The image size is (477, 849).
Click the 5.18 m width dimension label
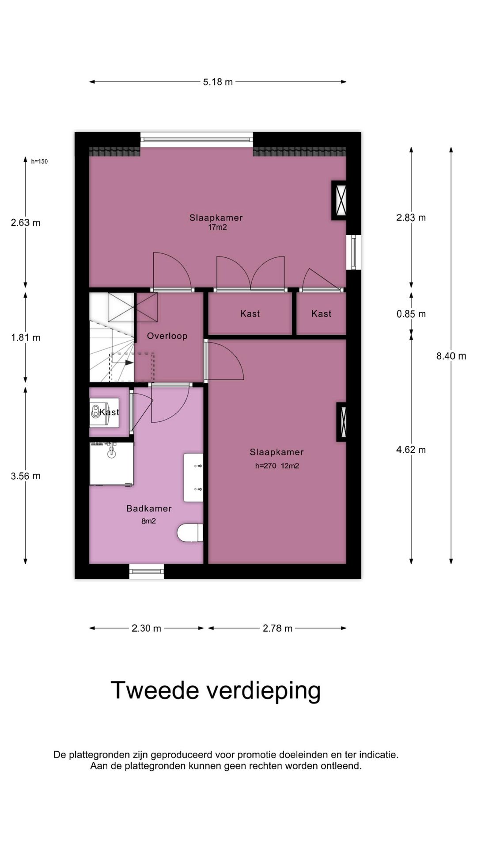(218, 82)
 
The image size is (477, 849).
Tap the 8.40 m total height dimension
(451, 356)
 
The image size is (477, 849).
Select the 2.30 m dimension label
(146, 628)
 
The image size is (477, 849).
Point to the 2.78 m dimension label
(277, 628)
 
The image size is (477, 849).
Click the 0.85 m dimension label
(411, 314)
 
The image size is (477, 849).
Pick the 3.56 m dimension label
(26, 476)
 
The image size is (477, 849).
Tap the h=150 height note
(39, 161)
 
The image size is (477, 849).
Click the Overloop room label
(167, 336)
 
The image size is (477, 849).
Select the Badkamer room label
(149, 509)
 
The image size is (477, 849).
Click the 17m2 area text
(217, 228)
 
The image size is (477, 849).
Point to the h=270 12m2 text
(277, 466)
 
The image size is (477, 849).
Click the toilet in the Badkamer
(190, 533)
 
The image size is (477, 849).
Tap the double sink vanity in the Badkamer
(193, 477)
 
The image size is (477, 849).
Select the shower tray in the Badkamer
(112, 463)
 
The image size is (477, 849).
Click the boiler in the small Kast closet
(96, 412)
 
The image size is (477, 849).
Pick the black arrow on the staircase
(129, 363)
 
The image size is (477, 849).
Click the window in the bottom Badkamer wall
(147, 571)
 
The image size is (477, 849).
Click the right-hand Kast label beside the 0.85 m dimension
(321, 314)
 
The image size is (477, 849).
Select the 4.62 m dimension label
(411, 450)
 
